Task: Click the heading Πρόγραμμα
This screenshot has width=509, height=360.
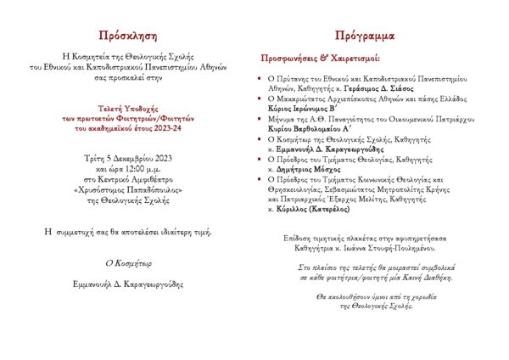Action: click(364, 37)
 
